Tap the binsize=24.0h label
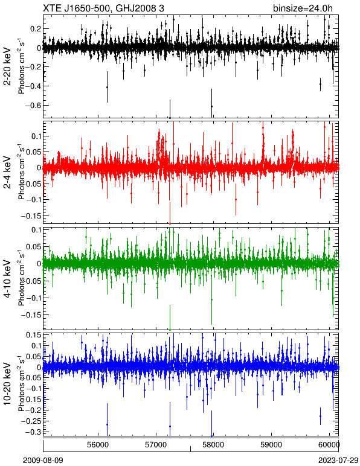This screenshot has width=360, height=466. point(303,8)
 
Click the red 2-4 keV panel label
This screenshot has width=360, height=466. point(8,173)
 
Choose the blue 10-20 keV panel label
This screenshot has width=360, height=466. point(8,384)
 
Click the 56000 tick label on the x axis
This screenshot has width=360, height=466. point(98,445)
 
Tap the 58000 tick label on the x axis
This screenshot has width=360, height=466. point(214,445)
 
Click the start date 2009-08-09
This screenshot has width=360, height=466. point(43,461)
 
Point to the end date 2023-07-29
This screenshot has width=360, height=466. point(338,461)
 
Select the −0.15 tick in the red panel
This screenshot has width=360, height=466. point(30,215)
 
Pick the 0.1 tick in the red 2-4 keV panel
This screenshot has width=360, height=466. point(36,136)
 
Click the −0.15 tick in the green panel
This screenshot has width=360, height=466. point(30,314)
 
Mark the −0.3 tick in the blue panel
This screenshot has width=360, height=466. point(32,432)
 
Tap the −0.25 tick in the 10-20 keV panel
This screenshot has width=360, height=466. point(30,421)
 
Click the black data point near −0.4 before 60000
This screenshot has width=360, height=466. point(321,84)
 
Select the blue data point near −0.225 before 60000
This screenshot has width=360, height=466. point(321,416)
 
